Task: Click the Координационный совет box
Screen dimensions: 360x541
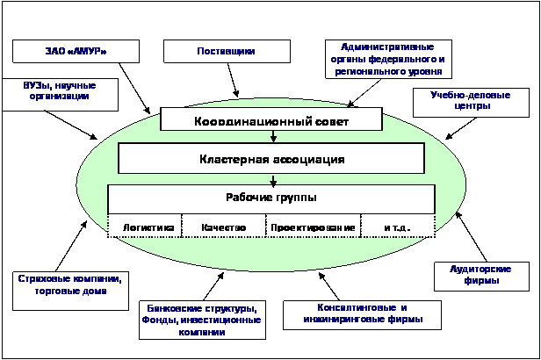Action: tap(271, 119)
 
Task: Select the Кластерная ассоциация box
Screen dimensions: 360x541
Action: tap(271, 159)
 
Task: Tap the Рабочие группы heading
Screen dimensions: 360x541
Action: tap(271, 198)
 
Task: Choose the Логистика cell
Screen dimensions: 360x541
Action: tap(145, 227)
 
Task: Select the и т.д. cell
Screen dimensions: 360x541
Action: tap(397, 227)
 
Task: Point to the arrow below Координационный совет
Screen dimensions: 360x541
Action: tap(274, 136)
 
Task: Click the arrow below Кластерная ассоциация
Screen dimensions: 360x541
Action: tap(274, 180)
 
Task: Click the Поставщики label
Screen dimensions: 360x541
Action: tap(227, 52)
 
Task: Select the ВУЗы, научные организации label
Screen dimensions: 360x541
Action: tap(60, 91)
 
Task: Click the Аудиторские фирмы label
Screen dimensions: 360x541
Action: tap(474, 275)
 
